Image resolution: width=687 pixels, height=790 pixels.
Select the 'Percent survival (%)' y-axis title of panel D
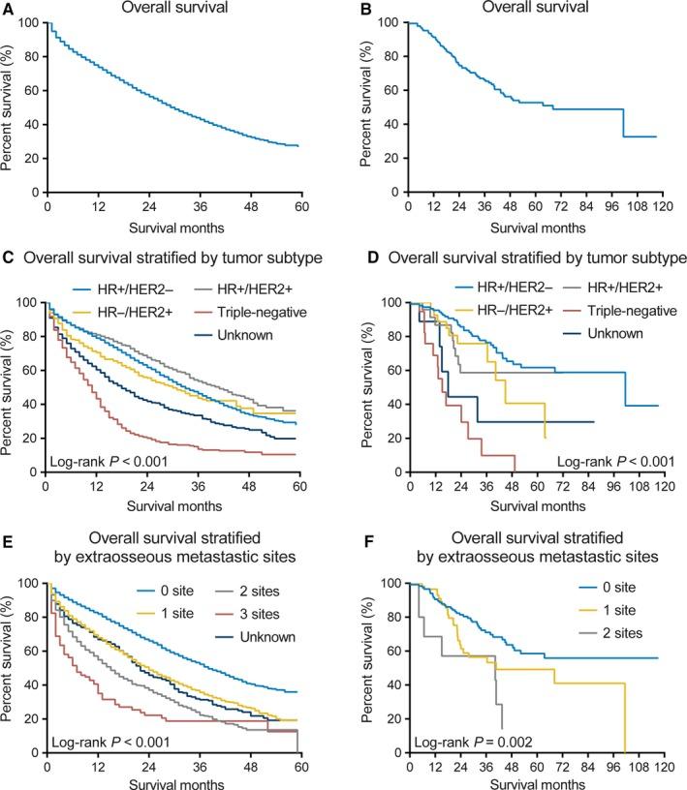[369, 387]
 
